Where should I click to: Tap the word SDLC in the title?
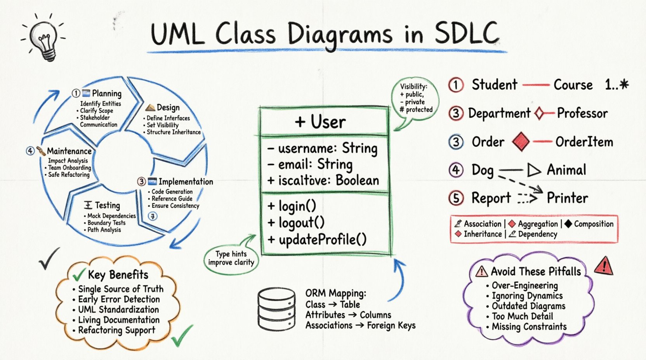click(466, 33)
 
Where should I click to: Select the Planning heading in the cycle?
click(106, 93)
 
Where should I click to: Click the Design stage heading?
click(168, 107)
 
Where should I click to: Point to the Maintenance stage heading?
click(69, 151)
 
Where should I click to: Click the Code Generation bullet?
click(172, 192)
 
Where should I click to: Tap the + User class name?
click(320, 122)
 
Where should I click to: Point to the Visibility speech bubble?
click(415, 99)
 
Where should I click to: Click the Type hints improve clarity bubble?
click(231, 258)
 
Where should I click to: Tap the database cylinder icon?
click(276, 309)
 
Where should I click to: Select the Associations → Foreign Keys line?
click(360, 325)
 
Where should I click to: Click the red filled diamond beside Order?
click(521, 142)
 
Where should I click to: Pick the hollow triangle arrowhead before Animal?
click(534, 170)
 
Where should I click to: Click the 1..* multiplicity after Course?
click(616, 85)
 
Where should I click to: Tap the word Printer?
click(567, 198)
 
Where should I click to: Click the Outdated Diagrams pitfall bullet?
click(528, 306)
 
